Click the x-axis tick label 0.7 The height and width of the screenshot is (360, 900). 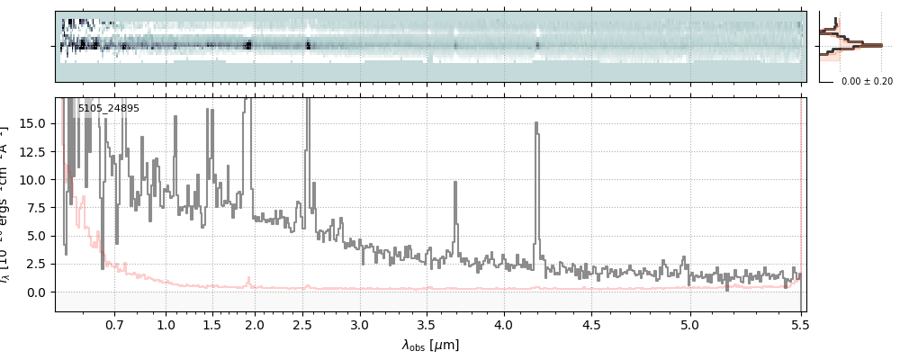[114, 324]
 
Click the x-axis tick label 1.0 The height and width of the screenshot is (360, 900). [166, 324]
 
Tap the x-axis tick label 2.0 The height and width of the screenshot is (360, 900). [255, 324]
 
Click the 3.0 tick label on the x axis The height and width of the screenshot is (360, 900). [360, 324]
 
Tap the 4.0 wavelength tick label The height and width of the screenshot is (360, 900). [504, 324]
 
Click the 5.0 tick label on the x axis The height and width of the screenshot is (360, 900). [689, 324]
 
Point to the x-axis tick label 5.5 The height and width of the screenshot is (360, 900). [801, 324]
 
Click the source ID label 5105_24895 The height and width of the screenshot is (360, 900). [108, 109]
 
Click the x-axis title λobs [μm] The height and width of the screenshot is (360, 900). [430, 345]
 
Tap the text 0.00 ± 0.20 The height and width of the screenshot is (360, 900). [866, 81]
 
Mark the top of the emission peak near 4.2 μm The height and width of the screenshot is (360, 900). [537, 124]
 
